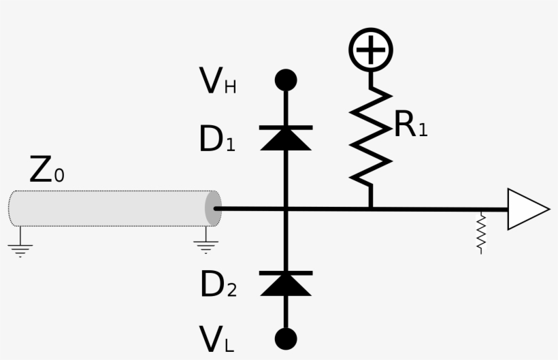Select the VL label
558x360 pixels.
pos(217,339)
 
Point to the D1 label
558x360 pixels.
pos(217,140)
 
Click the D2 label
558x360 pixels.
pos(218,285)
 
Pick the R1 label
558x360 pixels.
pos(411,125)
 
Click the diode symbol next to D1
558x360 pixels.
pos(286,137)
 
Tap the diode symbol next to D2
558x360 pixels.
pos(286,283)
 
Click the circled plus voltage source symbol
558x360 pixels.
pos(371,50)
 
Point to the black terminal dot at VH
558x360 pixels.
pos(286,80)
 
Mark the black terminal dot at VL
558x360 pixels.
pos(286,338)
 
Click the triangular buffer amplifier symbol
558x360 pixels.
pos(527,209)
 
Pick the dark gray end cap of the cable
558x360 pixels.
pos(213,208)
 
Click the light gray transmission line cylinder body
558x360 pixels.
pos(109,208)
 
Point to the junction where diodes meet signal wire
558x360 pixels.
pos(286,209)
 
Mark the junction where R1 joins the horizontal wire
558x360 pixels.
pos(371,209)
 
